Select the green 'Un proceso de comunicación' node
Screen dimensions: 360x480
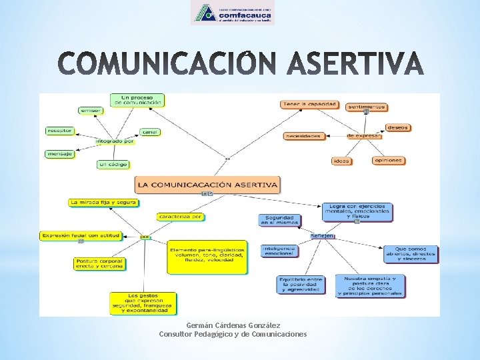pos(137,100)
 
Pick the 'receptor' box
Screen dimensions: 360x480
pos(59,131)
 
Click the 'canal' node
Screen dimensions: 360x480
pos(150,132)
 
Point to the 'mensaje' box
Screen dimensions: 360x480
pos(59,154)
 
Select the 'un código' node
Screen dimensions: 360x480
pos(113,164)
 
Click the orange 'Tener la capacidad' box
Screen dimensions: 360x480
pos(309,104)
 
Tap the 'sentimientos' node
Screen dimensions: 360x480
pos(367,107)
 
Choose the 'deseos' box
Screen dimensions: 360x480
pos(397,127)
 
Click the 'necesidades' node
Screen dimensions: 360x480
pos(303,136)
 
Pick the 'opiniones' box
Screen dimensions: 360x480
pos(388,160)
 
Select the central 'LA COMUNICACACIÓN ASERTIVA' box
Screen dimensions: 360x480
pos(207,184)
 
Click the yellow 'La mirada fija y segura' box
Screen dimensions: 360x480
pos(103,202)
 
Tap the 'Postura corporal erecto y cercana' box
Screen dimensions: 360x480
pos(99,263)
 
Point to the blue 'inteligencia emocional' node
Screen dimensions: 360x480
pos(279,251)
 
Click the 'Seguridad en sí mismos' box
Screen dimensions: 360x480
pos(280,220)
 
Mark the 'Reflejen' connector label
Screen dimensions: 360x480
pos(323,235)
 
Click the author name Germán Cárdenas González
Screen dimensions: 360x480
pos(233,325)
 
